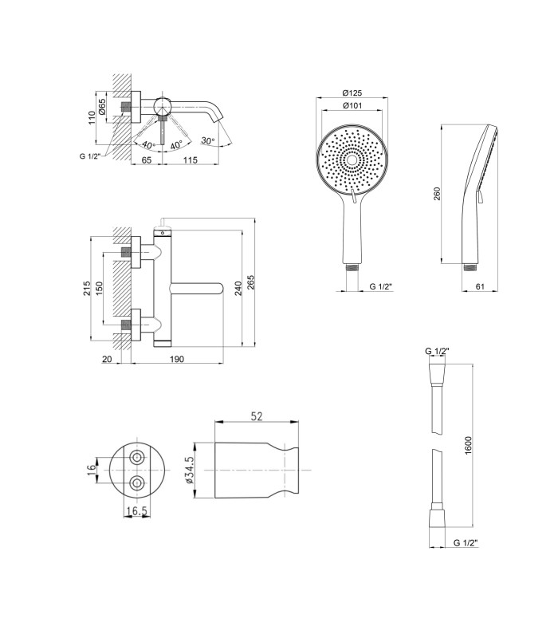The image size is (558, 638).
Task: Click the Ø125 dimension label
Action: click(x=352, y=93)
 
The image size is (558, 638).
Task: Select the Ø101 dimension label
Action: click(x=352, y=106)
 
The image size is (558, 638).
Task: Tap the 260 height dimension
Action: click(x=437, y=194)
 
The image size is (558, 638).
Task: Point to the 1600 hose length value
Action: click(x=468, y=445)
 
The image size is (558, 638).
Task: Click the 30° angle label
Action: click(x=207, y=141)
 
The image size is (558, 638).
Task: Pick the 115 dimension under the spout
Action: click(x=190, y=160)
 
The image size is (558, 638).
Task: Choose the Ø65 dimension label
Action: click(x=102, y=107)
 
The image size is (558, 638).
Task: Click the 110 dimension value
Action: click(x=92, y=117)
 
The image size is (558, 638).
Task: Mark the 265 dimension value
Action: click(x=250, y=282)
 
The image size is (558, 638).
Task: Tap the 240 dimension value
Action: click(x=238, y=288)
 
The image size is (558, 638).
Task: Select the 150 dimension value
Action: click(x=99, y=288)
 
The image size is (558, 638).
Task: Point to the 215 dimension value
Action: click(x=87, y=288)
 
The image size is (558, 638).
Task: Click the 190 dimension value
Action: click(x=176, y=359)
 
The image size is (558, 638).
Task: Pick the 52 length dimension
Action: click(x=257, y=416)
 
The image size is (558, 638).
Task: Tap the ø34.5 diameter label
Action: click(x=189, y=470)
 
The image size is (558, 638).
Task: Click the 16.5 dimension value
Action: click(x=136, y=511)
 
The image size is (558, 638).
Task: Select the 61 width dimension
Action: click(x=480, y=286)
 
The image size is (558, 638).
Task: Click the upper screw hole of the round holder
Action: click(x=137, y=457)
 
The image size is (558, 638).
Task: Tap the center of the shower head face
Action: click(x=352, y=160)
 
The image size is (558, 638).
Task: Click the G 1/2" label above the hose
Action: click(x=437, y=351)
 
